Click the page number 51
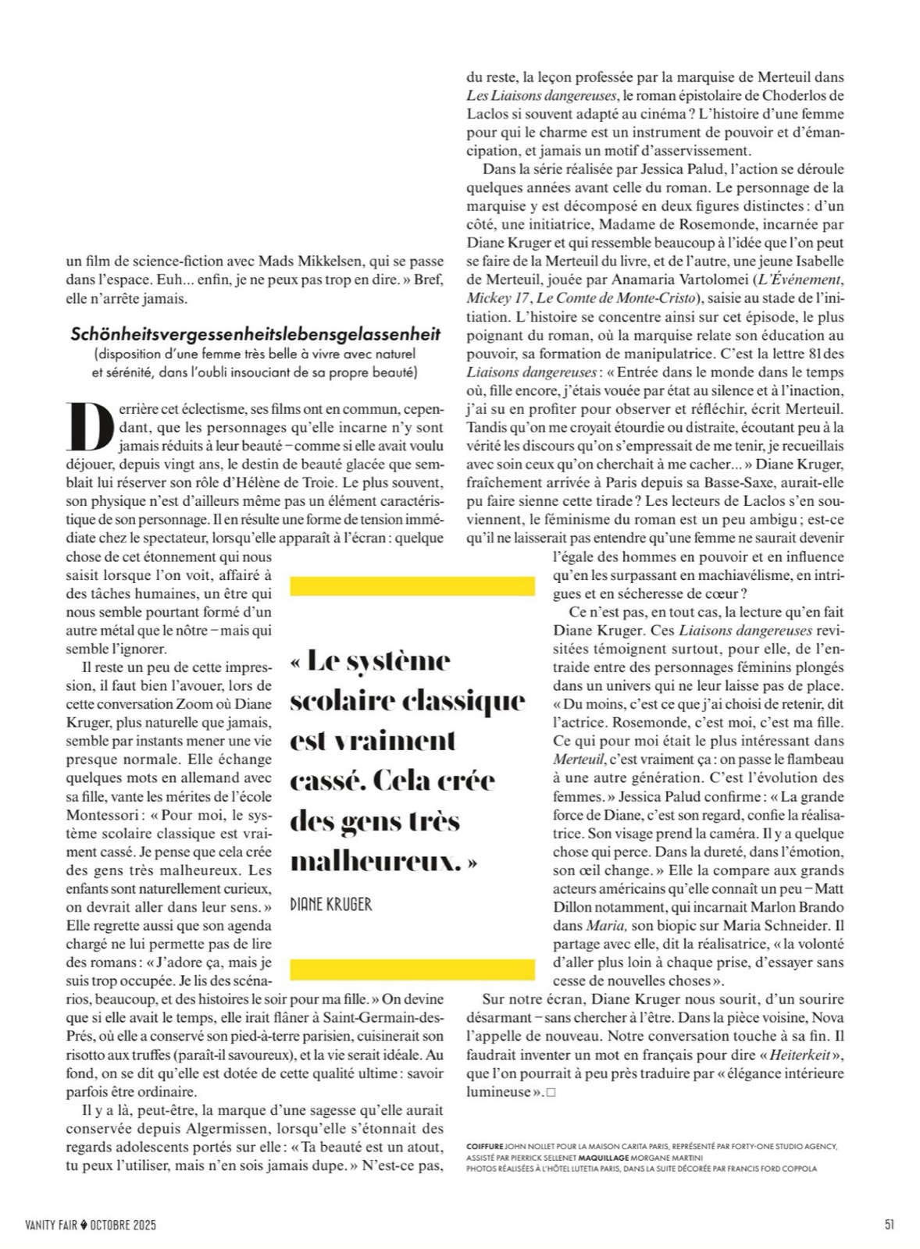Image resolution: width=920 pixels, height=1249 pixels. (x=889, y=1224)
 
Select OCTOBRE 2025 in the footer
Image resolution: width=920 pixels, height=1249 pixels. (x=123, y=1225)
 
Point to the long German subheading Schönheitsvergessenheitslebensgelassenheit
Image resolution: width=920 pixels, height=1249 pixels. (x=255, y=334)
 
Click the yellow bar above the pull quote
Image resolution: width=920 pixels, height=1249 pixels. (x=412, y=585)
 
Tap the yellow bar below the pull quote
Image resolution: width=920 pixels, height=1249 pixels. (x=412, y=969)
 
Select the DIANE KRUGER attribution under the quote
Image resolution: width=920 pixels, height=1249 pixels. (x=330, y=904)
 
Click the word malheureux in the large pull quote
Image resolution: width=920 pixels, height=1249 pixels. (x=374, y=862)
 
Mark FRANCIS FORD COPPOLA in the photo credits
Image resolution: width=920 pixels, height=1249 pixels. (x=772, y=1169)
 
